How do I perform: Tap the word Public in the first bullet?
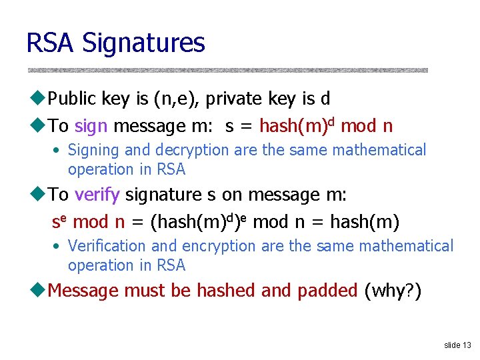pyautogui.click(x=73, y=99)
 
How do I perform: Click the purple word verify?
pyautogui.click(x=97, y=195)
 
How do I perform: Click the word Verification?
pyautogui.click(x=107, y=247)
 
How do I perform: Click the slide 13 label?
pyautogui.click(x=457, y=345)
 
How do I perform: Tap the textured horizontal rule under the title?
pyautogui.click(x=227, y=70)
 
